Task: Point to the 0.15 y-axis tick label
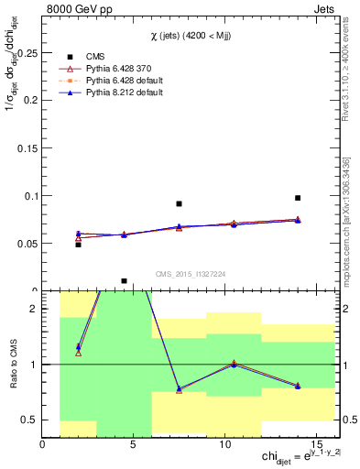(x=26, y=147)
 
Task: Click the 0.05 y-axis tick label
(x=26, y=243)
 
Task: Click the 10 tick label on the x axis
(x=226, y=446)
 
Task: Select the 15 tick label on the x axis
(x=318, y=446)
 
